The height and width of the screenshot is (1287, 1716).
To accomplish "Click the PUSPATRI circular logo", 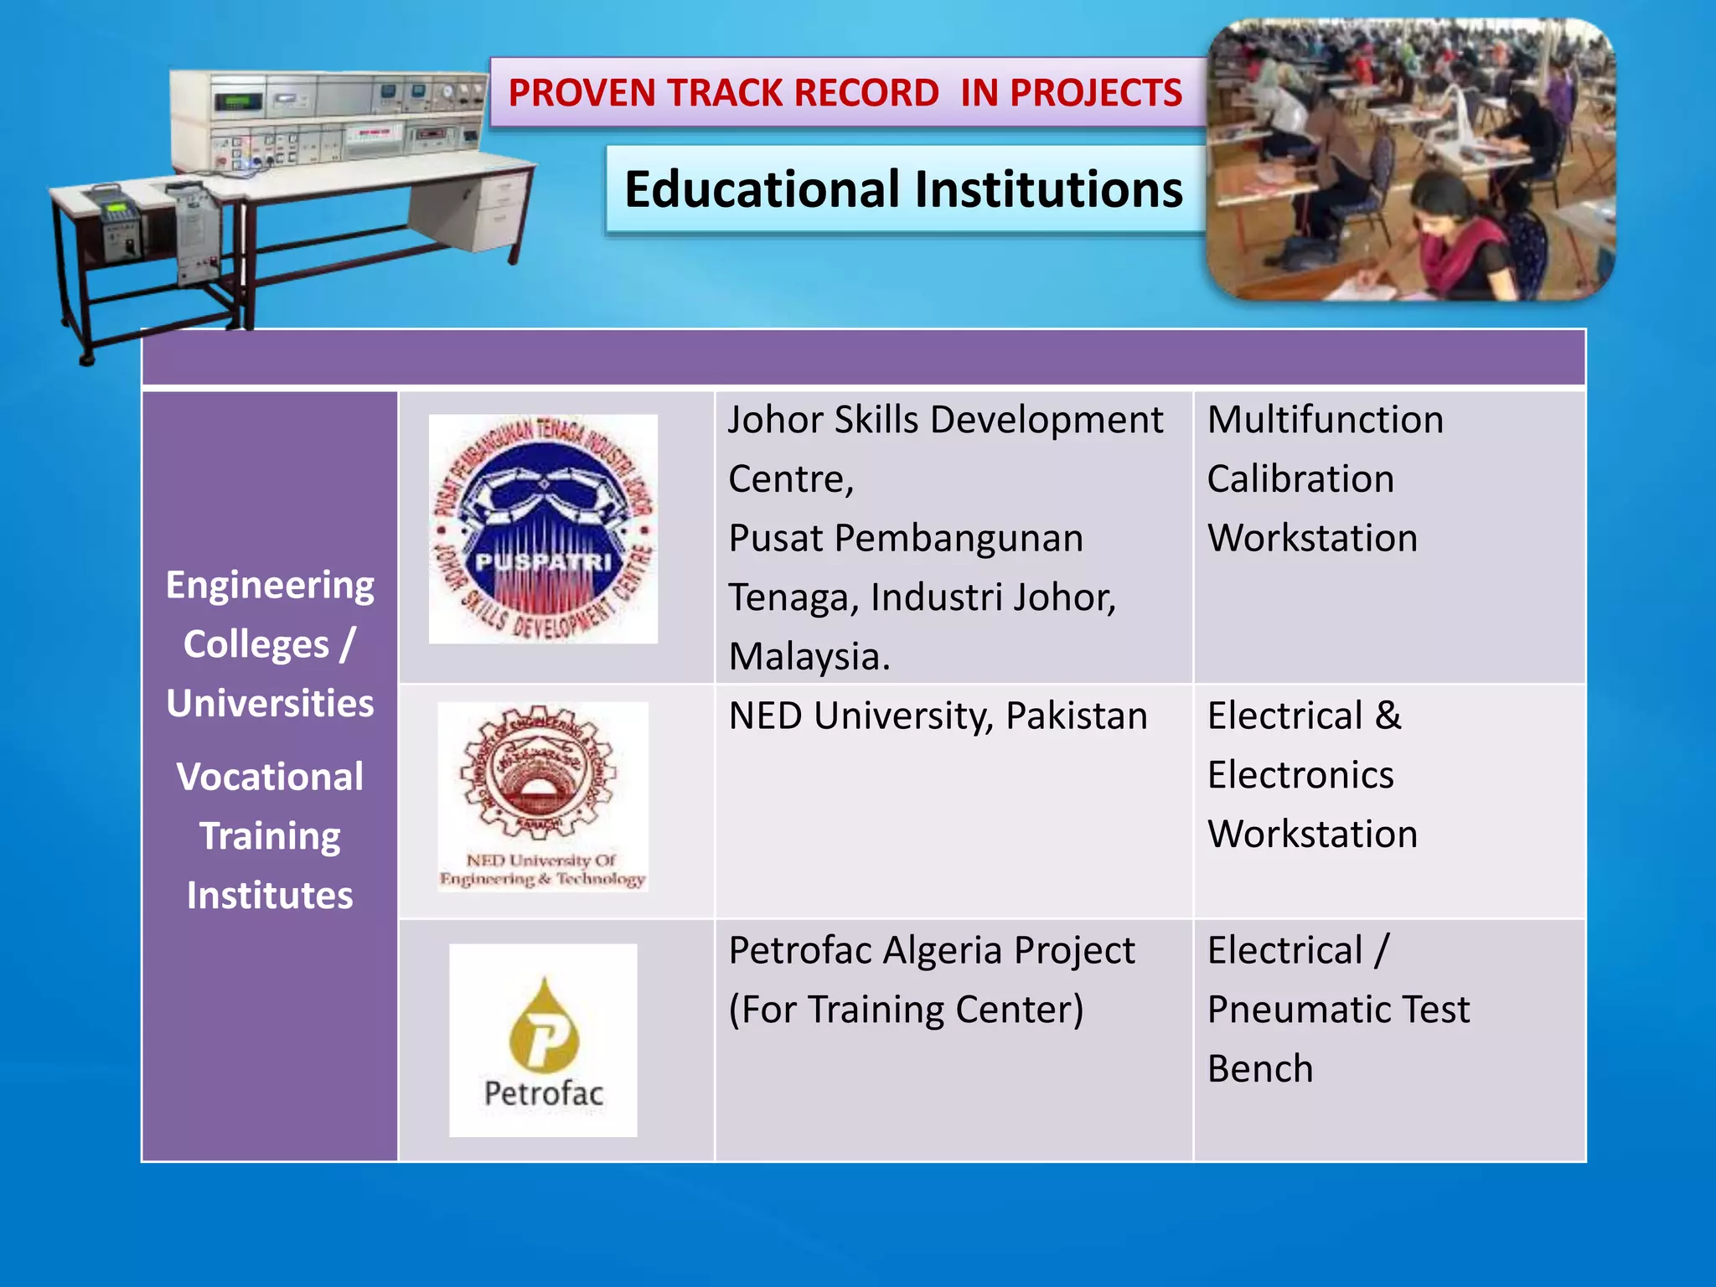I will point(543,529).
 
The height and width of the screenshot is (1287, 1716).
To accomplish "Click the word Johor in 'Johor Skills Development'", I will point(763,420).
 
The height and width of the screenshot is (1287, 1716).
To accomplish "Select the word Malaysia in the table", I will point(808,656).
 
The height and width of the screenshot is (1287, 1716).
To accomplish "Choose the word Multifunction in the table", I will point(1325,420).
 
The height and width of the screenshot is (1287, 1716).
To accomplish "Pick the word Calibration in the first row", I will point(1300,479).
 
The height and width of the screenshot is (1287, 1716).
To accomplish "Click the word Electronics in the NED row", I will point(1300,775).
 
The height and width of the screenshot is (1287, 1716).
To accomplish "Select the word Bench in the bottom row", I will point(1260,1069).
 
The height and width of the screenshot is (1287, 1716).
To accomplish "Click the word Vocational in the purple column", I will point(270,777).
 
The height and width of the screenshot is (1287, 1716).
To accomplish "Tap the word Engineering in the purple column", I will point(270,585).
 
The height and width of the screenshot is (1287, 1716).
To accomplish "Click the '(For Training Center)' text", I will point(906,1010).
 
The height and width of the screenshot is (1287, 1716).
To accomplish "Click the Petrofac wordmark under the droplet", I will point(543,1093).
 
